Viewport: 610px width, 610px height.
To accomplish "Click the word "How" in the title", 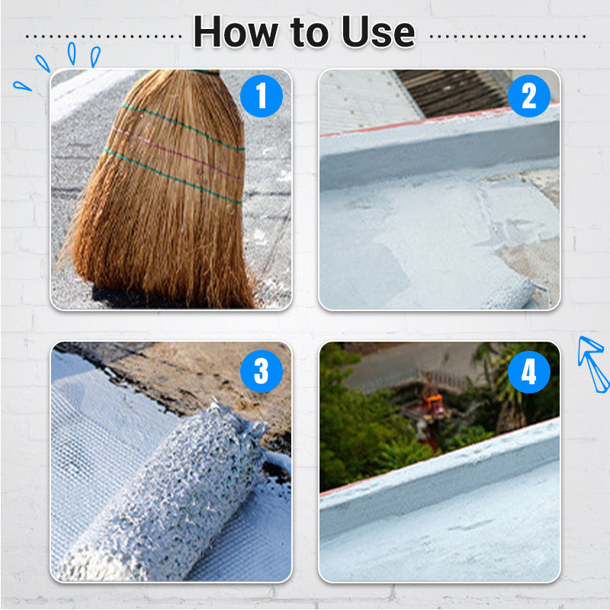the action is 236,32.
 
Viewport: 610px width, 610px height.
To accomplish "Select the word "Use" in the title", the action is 378,32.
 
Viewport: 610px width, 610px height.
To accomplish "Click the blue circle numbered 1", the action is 262,96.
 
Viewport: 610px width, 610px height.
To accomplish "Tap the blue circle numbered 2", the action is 529,96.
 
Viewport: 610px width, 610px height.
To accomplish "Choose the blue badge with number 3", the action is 262,371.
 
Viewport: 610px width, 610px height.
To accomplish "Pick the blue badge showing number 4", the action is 529,371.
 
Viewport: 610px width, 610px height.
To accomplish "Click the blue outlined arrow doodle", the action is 592,363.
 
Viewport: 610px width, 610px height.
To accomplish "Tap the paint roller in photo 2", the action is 509,294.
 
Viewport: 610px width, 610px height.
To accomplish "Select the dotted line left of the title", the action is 104,37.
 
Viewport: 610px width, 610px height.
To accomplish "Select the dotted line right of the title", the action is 508,37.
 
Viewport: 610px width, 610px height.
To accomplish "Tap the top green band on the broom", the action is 182,126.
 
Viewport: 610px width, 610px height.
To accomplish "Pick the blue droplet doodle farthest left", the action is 22,86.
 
